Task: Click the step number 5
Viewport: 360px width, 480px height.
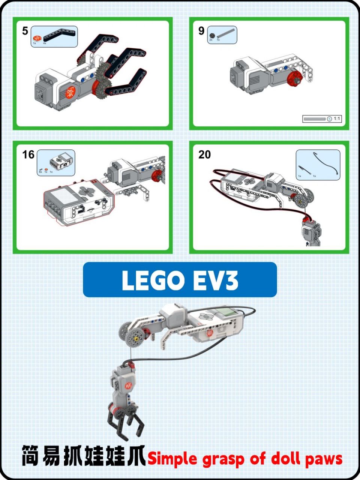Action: pyautogui.click(x=25, y=31)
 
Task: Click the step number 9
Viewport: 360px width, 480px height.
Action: pyautogui.click(x=201, y=31)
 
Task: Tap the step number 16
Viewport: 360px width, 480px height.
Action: pyautogui.click(x=28, y=154)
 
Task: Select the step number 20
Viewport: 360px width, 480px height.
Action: pyautogui.click(x=205, y=154)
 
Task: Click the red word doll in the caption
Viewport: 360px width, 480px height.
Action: pyautogui.click(x=285, y=458)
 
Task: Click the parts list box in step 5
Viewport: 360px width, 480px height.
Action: pyautogui.click(x=54, y=36)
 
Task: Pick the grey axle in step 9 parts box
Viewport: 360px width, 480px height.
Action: pyautogui.click(x=226, y=33)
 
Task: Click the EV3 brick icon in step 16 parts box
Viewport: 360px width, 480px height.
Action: pyautogui.click(x=61, y=160)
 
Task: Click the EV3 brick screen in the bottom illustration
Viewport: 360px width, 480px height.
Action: pyautogui.click(x=226, y=311)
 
